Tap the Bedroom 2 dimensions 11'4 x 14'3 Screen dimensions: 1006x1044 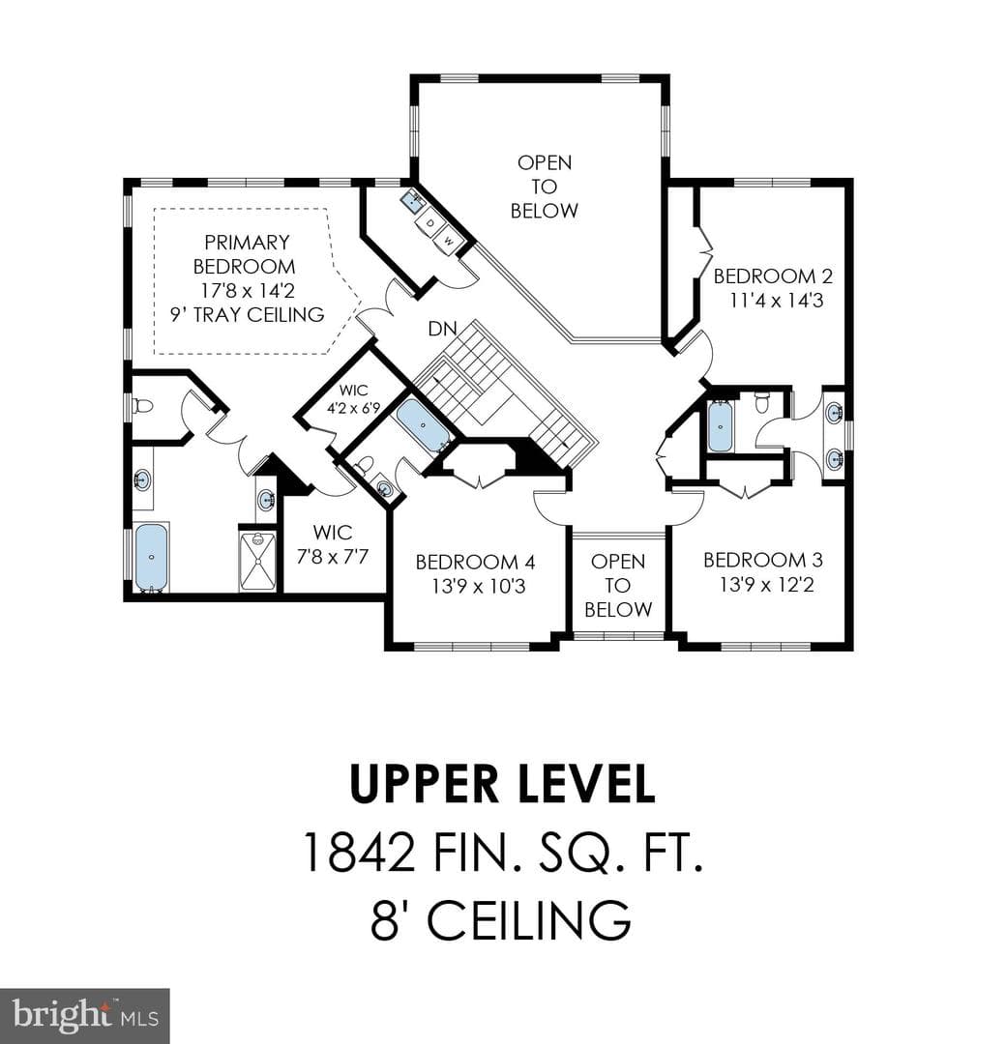coord(776,301)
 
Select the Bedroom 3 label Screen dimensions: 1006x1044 coord(763,560)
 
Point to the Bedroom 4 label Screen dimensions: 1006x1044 coord(475,562)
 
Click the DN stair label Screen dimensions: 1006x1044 coord(442,329)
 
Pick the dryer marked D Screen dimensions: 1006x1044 coord(430,223)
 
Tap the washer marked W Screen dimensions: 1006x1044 coord(449,241)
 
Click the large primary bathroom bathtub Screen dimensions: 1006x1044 coord(152,558)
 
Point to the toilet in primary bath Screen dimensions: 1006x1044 coord(142,405)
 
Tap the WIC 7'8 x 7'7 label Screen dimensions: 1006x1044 coord(333,544)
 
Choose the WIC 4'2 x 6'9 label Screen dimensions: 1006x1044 coord(353,399)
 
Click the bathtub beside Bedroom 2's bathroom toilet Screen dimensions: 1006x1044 coord(721,426)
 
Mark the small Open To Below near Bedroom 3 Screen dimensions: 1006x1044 coord(617,585)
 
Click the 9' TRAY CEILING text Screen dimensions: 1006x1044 coord(248,314)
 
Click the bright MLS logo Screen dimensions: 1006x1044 coord(85,1017)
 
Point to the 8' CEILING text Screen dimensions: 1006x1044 coord(500,920)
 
